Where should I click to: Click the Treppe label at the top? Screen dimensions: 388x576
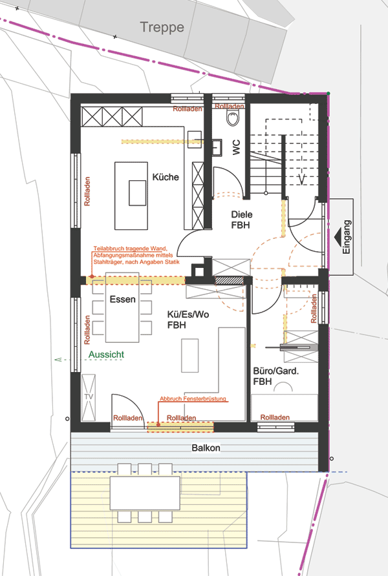(x=162, y=28)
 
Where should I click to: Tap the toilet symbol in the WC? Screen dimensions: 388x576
(x=232, y=118)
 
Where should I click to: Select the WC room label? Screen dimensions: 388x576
(x=236, y=147)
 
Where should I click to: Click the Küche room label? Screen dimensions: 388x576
(x=166, y=177)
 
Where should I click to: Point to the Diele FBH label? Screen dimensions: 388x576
(x=242, y=220)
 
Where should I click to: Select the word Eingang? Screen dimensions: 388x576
(x=347, y=237)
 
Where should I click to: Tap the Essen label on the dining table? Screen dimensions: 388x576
(x=122, y=300)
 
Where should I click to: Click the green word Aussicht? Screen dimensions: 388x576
(x=106, y=355)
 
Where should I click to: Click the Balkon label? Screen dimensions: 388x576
(x=206, y=447)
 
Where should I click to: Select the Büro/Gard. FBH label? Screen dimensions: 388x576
(x=276, y=376)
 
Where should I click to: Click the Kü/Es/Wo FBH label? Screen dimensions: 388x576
(x=188, y=320)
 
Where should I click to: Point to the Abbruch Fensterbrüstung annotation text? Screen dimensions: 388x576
(x=193, y=398)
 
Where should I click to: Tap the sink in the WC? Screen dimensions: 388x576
(x=217, y=148)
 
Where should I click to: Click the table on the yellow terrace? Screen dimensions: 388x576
(x=145, y=493)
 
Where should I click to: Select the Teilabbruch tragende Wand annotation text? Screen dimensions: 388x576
(x=136, y=255)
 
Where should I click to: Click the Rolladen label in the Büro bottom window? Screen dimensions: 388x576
(x=275, y=417)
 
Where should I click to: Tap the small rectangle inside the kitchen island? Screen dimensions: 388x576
(x=138, y=193)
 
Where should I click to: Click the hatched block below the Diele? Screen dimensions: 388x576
(x=229, y=280)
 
